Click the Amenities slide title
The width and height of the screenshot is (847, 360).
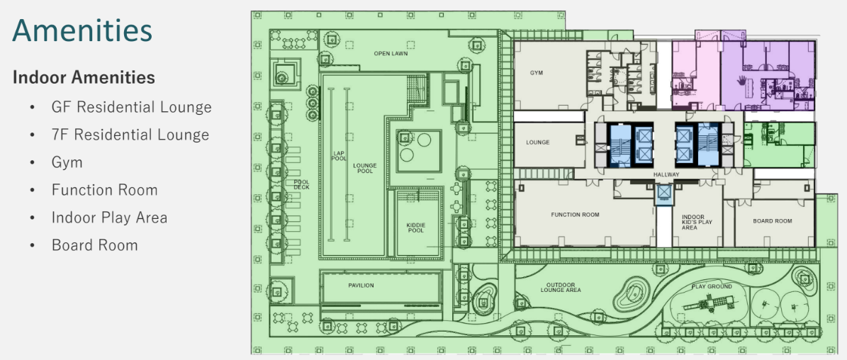point(82,30)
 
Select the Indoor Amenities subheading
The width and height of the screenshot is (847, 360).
point(84,78)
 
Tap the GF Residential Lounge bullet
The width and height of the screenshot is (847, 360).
point(132,107)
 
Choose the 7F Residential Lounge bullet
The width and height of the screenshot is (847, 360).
point(130,135)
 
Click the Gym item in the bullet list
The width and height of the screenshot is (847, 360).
point(67,162)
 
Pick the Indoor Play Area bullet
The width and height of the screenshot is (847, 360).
point(110,218)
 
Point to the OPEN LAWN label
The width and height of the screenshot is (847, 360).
point(391,53)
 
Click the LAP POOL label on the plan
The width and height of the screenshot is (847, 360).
point(339,155)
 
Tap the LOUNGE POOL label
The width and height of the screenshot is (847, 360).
point(365,169)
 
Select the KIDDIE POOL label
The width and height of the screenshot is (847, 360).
point(416,227)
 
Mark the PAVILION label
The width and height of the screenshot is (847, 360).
point(361,286)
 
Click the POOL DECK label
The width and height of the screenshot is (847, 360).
point(301,184)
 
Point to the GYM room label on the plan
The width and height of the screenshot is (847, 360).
point(537,72)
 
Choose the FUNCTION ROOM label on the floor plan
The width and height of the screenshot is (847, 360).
point(576,215)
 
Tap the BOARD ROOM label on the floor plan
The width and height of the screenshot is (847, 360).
point(773,221)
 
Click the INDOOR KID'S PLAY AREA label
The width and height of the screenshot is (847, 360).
point(697,223)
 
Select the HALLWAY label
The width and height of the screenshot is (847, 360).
point(666,175)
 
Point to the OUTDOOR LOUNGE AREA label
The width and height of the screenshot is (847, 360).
point(561,288)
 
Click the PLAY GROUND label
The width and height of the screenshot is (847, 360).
point(712,286)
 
